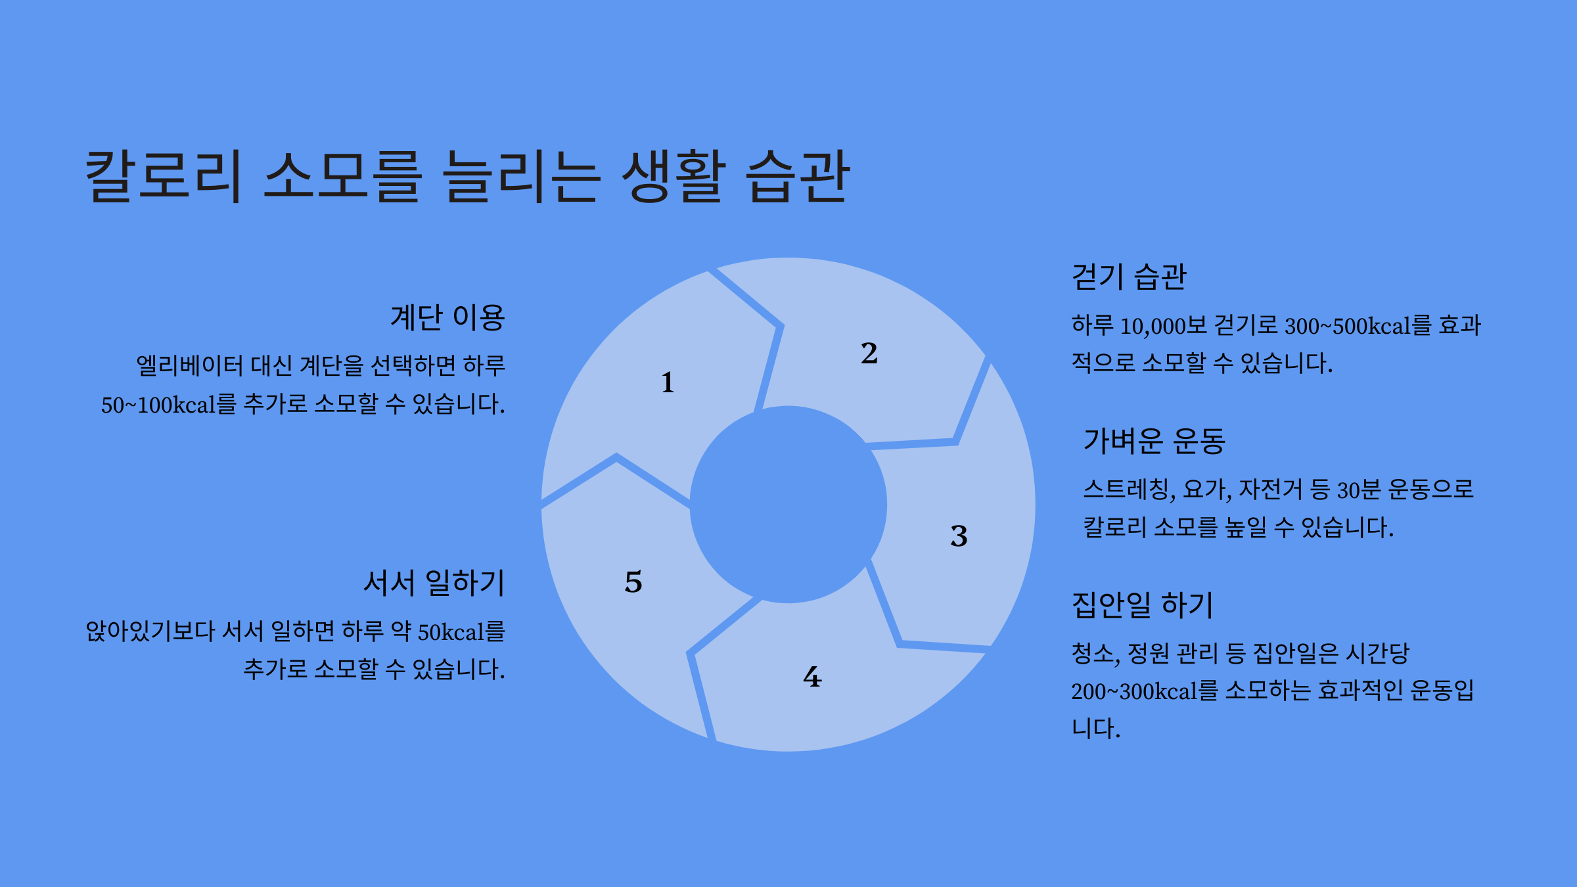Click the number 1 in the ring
click(668, 382)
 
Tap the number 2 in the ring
click(869, 353)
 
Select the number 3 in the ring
click(959, 536)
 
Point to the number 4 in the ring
click(812, 677)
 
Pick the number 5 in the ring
click(633, 582)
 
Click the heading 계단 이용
click(447, 318)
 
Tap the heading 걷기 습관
click(1129, 277)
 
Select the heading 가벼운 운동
click(1154, 441)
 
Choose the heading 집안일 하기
click(1142, 605)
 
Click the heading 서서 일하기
click(434, 583)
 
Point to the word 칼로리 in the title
click(163, 176)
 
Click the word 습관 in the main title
click(798, 176)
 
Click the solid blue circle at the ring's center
click(788, 505)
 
